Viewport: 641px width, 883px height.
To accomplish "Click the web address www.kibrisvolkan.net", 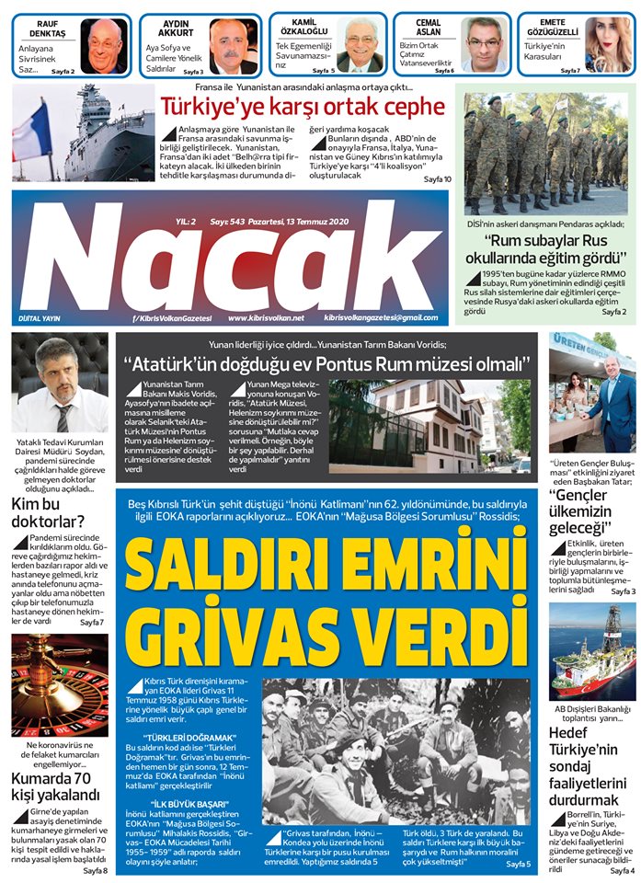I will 266,317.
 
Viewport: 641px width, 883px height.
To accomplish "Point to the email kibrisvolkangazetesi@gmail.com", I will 381,317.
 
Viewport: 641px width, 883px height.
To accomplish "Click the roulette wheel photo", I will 60,685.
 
